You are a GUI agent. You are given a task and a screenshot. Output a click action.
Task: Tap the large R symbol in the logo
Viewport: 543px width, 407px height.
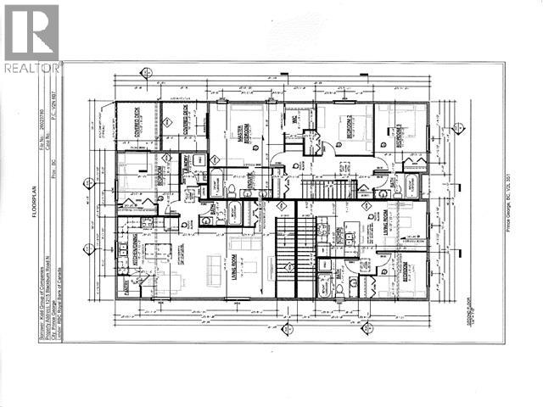(31, 32)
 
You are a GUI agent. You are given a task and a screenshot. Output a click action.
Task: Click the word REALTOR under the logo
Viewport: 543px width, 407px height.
(31, 67)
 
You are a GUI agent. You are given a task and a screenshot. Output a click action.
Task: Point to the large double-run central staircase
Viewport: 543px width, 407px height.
(289, 254)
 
